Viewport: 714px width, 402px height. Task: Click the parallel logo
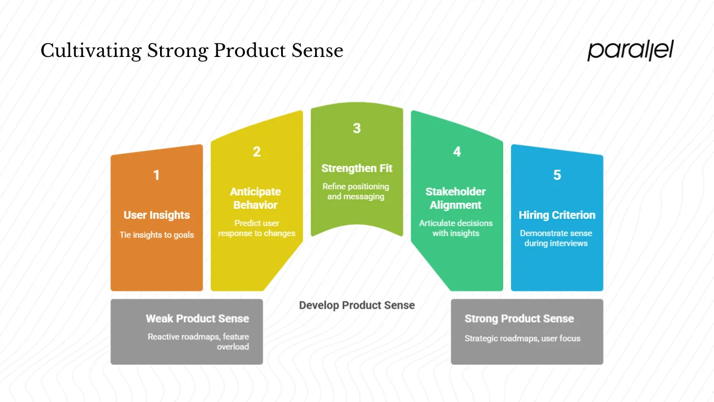[630, 50]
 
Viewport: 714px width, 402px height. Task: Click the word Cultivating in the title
[91, 51]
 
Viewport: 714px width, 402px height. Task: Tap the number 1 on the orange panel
[156, 175]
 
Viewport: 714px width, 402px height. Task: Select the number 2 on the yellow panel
[257, 152]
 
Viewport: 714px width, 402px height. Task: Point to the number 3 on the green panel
[357, 128]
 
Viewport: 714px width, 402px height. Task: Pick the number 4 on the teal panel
[457, 152]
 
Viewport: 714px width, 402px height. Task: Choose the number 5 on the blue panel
[557, 175]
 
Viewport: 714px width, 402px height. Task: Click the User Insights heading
[157, 215]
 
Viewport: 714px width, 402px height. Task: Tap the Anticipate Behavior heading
[255, 198]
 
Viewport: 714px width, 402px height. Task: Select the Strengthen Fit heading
[357, 168]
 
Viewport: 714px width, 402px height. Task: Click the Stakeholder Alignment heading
[456, 198]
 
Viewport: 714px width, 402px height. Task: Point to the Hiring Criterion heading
[557, 215]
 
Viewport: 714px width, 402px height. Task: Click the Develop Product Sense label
[357, 305]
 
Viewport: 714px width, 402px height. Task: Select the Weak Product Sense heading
[197, 319]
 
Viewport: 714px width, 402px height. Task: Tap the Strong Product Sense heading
[519, 319]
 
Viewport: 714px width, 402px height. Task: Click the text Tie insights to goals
[157, 235]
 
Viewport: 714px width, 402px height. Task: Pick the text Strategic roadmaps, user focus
[523, 338]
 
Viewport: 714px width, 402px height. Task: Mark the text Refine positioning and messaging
[356, 192]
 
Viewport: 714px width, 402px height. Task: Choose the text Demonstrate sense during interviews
[556, 238]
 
